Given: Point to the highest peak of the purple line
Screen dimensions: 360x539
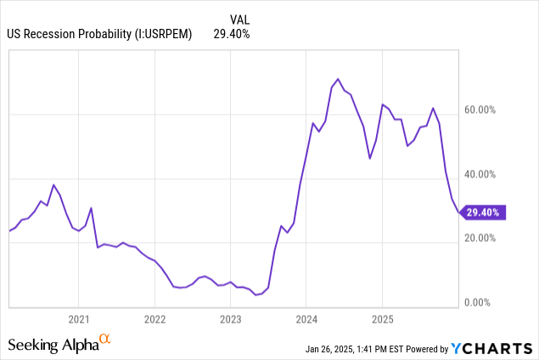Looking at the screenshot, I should (x=338, y=79).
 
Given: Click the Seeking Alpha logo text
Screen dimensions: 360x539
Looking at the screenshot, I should (x=52, y=344).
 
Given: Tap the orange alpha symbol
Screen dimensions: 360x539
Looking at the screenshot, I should (x=105, y=340).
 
